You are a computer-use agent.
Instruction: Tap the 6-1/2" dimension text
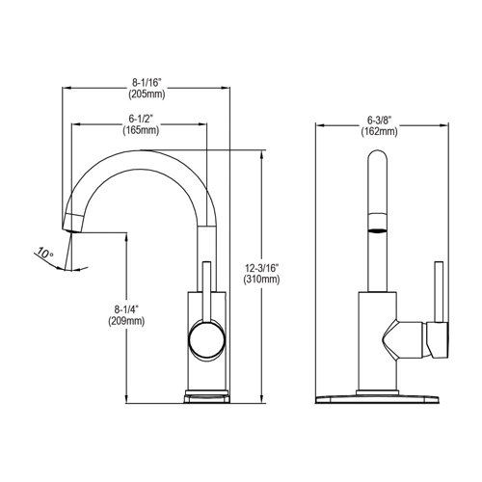(x=141, y=118)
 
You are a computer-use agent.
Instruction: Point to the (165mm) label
(x=141, y=129)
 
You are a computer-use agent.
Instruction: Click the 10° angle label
(x=43, y=254)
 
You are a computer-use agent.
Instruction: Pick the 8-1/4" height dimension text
(x=126, y=309)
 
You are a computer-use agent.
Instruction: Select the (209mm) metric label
(x=126, y=321)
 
